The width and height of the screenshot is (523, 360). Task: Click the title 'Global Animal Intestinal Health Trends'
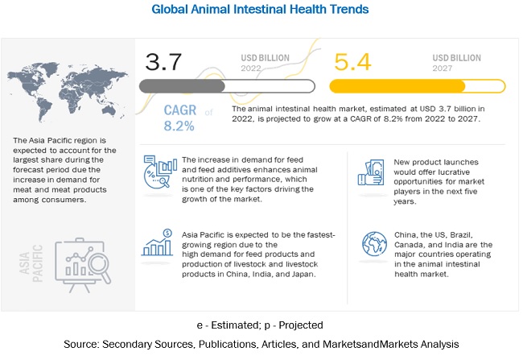point(261,10)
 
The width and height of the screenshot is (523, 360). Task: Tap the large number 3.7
point(163,62)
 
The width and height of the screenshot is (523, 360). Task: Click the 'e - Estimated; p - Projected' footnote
point(261,325)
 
